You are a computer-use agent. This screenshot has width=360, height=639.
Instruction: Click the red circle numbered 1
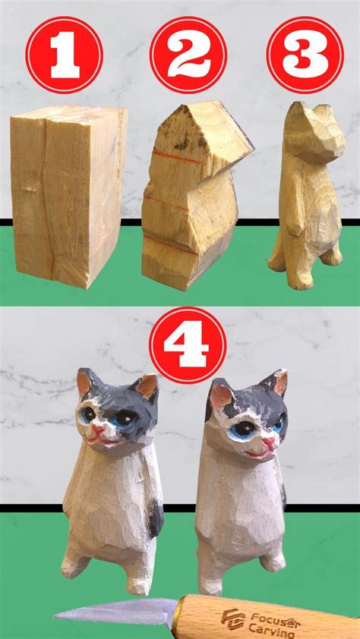click(x=64, y=55)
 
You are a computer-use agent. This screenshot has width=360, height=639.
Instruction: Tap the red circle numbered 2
click(x=188, y=55)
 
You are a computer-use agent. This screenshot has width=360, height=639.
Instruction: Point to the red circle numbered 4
click(x=188, y=345)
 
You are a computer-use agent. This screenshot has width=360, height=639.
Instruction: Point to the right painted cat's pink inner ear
click(x=221, y=395)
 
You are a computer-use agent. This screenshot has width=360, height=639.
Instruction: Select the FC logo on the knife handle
click(x=232, y=619)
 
